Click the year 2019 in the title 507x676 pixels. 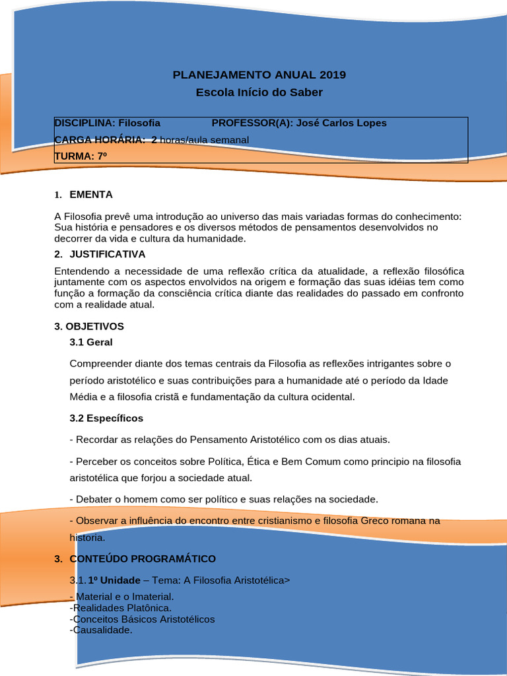pos(332,75)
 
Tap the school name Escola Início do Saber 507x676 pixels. pos(259,92)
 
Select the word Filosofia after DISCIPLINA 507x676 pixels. pos(139,123)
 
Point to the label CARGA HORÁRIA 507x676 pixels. pos(100,140)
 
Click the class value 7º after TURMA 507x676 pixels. pos(102,156)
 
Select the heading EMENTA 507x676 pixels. pos(91,195)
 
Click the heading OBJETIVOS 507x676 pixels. pos(94,326)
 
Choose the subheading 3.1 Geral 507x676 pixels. pos(91,342)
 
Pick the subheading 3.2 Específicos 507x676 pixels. pos(106,418)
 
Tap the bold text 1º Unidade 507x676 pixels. pos(114,580)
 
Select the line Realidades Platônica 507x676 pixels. pos(122,607)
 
